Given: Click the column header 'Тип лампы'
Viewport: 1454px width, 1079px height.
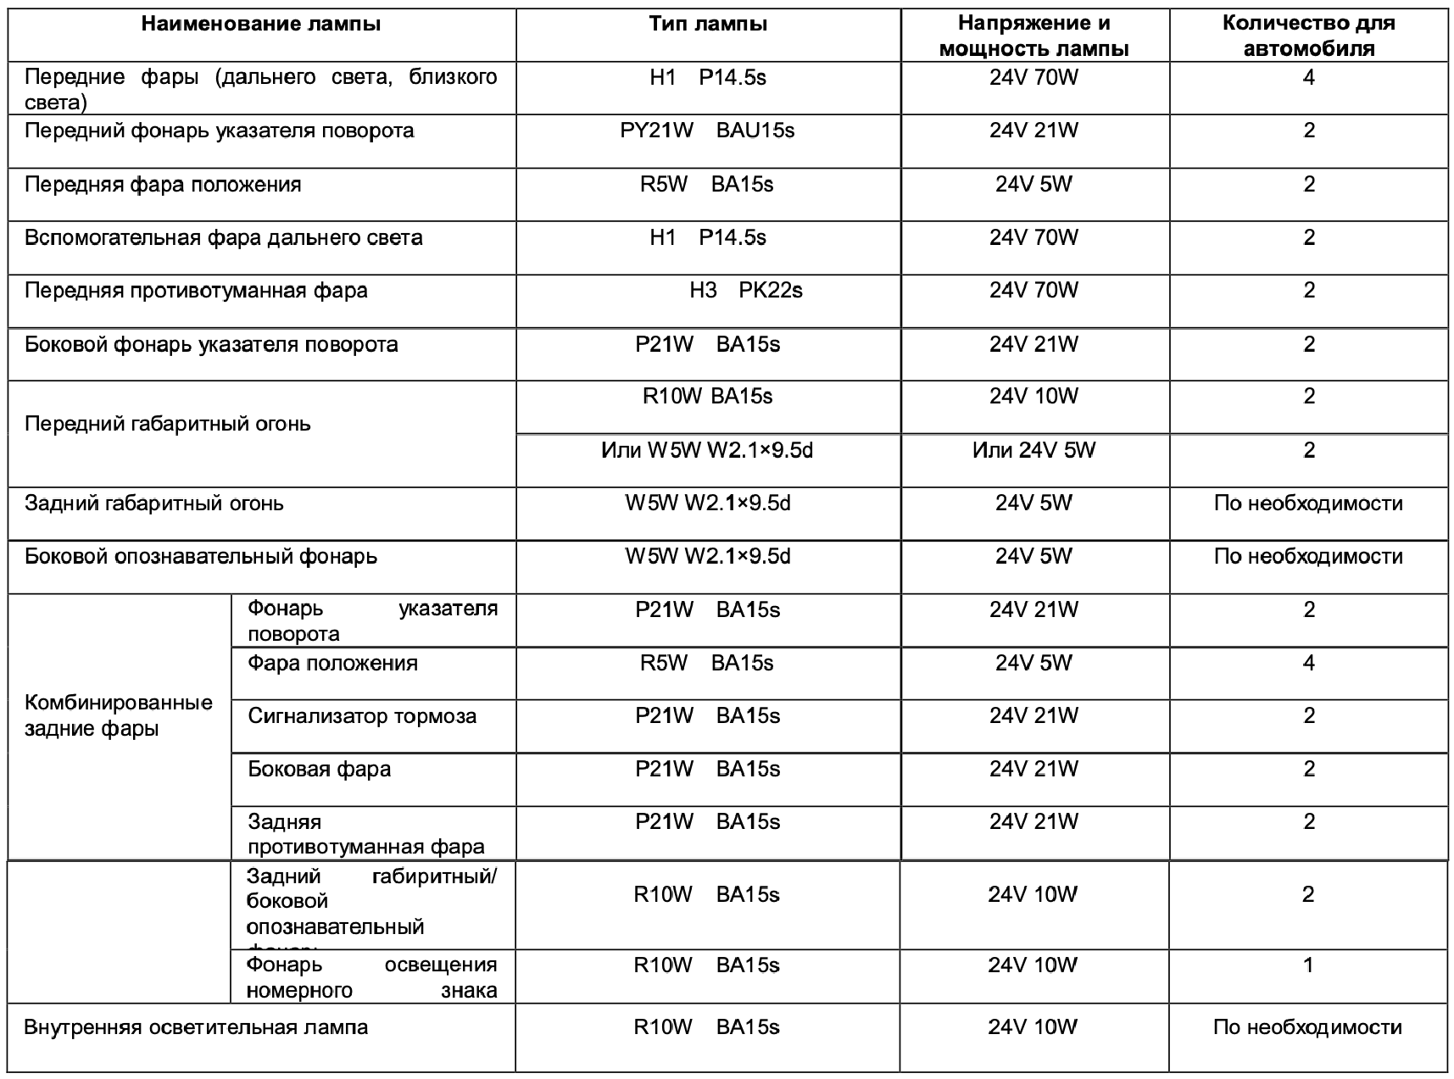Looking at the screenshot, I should coord(708,24).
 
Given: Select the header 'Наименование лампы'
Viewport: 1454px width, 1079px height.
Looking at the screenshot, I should coord(261,24).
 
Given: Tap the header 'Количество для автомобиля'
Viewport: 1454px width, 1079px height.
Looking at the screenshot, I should coord(1308,36).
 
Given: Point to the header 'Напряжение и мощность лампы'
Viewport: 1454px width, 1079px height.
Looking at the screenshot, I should coord(1033,36).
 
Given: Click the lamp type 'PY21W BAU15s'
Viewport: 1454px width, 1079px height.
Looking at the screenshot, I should coord(707,131).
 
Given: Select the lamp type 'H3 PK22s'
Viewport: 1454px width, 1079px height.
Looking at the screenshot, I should coord(745,291).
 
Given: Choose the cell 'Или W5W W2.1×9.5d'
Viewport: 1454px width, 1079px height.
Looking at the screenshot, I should coord(707,450).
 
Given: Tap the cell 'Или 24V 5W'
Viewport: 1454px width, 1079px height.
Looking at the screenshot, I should coord(1033,450).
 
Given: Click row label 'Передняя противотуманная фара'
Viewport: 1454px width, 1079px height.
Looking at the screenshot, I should coord(196,291).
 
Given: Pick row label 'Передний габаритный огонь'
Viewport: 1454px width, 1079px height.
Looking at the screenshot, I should coord(168,424).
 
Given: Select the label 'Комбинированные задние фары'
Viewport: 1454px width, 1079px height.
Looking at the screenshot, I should coord(119,715).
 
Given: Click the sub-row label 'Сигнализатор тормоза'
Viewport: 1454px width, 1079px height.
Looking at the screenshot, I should coord(362,716).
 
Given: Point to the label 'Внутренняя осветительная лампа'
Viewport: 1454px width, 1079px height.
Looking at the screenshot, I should coord(196,1027).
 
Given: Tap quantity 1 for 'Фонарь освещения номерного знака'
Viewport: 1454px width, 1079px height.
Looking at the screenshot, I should coord(1307,965).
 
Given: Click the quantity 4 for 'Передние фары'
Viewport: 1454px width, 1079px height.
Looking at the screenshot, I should coord(1308,78).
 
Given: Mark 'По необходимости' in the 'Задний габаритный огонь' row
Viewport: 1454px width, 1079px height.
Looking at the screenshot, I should coord(1308,503).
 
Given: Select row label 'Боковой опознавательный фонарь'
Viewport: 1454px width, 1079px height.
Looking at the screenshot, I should coord(201,557).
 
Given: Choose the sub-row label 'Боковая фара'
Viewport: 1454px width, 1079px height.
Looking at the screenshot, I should coord(320,770).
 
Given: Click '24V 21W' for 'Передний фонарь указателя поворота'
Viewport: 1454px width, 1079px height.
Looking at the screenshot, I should coord(1033,131).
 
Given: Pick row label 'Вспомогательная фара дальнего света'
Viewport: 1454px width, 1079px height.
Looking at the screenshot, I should coord(224,237).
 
